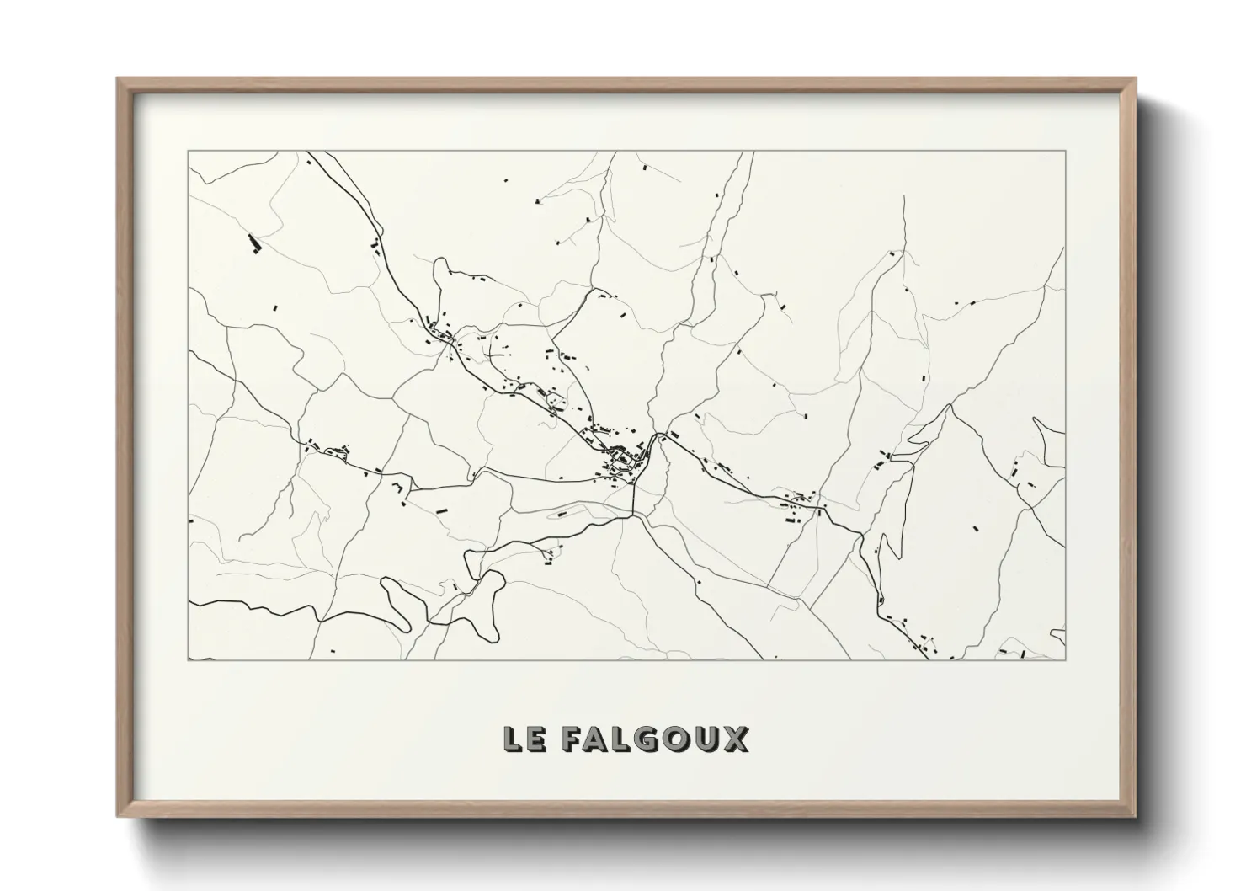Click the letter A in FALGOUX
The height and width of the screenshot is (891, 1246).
[x=598, y=739]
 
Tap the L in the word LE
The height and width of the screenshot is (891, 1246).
[x=513, y=739]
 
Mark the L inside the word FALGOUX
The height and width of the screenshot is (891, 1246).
[x=623, y=739]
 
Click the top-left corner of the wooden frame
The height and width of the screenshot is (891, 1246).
[x=118, y=78]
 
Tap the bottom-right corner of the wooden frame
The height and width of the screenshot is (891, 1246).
[x=1136, y=816]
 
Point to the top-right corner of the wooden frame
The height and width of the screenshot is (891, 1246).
[x=1136, y=78]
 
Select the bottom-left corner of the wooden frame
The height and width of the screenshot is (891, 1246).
[x=118, y=816]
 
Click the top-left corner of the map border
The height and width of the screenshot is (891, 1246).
[x=189, y=152]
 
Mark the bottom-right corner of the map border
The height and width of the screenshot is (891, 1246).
[x=1065, y=659]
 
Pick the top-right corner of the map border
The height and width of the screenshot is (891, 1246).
[x=1065, y=152]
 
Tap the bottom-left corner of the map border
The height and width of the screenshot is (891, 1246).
[x=189, y=659]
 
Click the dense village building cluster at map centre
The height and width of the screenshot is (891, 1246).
[x=624, y=459]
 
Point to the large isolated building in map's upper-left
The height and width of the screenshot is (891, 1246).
[x=253, y=243]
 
